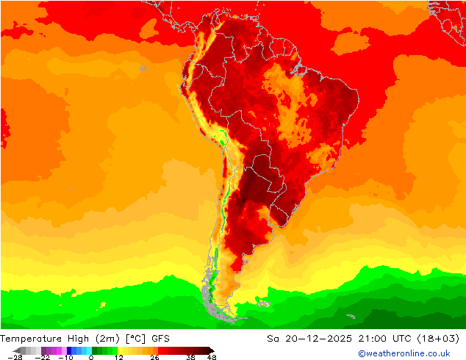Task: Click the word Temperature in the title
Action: (31, 339)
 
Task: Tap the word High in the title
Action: (78, 339)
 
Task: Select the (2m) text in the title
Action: (108, 339)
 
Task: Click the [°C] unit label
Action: (137, 339)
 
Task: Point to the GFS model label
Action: (161, 339)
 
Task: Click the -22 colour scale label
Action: (43, 357)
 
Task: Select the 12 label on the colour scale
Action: (118, 357)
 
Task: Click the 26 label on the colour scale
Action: (154, 357)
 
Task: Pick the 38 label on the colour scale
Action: (190, 357)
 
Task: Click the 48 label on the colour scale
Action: (212, 357)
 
